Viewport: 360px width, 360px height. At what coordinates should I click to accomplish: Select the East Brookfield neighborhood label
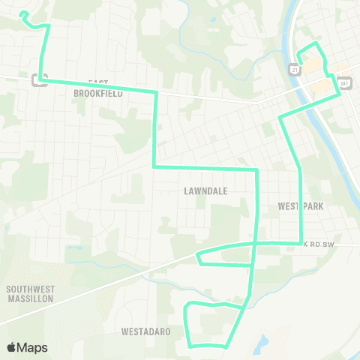[98, 88]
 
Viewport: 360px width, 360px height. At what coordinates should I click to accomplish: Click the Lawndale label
[205, 191]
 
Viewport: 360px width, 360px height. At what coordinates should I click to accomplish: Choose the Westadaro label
[145, 331]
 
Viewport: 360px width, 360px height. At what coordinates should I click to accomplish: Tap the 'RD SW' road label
[321, 244]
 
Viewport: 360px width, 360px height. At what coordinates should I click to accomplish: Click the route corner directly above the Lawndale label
[256, 169]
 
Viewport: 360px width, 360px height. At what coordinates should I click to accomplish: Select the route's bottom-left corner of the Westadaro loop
[190, 345]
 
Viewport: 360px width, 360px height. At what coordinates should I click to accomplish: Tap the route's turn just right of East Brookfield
[155, 92]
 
